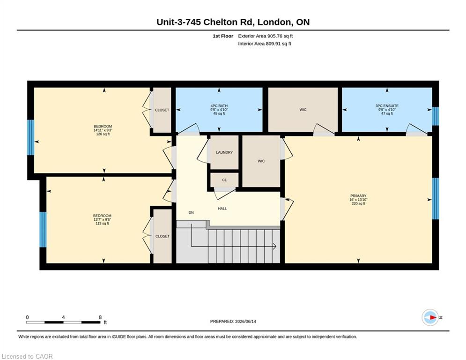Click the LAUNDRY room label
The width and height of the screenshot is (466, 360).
tap(224, 152)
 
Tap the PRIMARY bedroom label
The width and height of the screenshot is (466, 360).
tap(358, 196)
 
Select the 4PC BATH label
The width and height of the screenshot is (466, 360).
tap(219, 106)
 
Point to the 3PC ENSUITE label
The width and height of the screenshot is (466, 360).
tap(387, 106)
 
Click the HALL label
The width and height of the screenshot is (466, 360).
tap(222, 209)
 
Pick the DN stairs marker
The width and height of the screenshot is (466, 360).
tap(191, 212)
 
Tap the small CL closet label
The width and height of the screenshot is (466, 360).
tap(224, 180)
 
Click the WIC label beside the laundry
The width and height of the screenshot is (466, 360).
tap(261, 161)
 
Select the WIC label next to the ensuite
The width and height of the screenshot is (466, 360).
tap(303, 110)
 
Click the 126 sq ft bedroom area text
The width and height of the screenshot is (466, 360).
tap(103, 134)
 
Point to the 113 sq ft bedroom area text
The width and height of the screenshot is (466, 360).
tap(102, 224)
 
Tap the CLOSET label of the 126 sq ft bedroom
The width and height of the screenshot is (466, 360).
tap(162, 110)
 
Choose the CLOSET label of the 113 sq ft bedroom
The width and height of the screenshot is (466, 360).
tap(162, 236)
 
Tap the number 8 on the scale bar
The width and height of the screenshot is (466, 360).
tap(100, 317)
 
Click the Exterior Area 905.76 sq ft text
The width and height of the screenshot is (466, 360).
tap(266, 36)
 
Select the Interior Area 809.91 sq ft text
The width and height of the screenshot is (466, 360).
tap(265, 44)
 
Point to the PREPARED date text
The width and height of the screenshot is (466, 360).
tap(233, 321)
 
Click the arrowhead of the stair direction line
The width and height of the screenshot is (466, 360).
tap(275, 247)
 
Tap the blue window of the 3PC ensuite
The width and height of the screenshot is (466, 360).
tap(436, 116)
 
